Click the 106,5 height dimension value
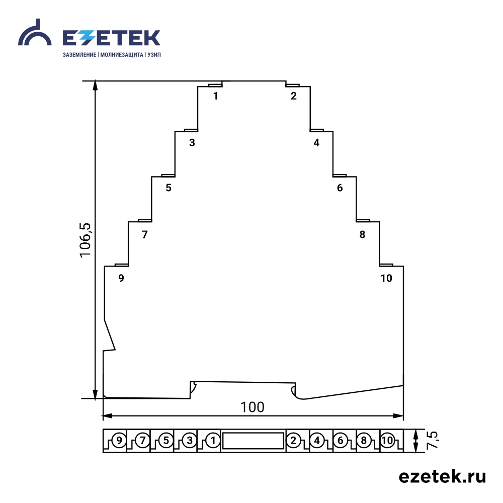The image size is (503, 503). coord(86,240)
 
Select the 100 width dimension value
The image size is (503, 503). coord(253,407)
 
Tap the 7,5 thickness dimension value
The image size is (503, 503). coord(433,440)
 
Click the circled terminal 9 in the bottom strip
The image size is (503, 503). coord(119,440)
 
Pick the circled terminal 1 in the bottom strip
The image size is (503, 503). coord(213,440)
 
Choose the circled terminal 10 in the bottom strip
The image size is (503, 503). coord(387,440)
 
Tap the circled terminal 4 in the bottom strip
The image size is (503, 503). coord(317,440)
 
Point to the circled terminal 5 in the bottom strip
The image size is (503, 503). coord(166,440)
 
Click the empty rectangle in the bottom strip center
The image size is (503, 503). coord(253,441)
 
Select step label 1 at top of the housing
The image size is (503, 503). coord(216,96)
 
